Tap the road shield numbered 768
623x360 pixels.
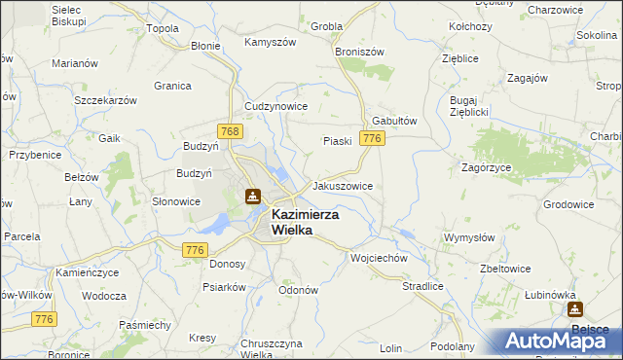(230, 131)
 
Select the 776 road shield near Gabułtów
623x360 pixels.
(370, 139)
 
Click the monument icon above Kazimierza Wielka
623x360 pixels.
(253, 197)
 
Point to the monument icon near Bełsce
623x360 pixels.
(574, 309)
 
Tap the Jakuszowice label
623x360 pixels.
(341, 185)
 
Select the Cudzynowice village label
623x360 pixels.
(276, 106)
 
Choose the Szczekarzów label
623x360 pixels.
(104, 100)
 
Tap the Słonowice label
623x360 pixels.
(176, 201)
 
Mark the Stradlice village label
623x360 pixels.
(422, 286)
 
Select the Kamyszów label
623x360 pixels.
(270, 43)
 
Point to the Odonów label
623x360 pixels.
(299, 290)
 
